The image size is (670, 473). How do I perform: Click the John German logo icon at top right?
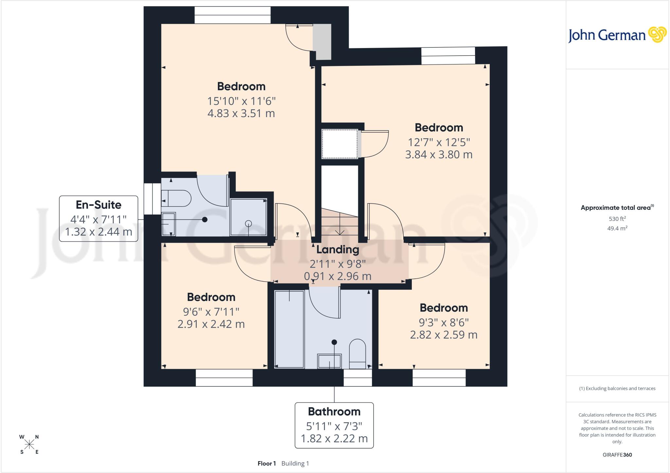coord(657,35)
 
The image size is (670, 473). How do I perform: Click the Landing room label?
coord(338,250)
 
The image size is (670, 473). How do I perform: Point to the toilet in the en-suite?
coord(176,198)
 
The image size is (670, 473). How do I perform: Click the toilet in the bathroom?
coord(358,354)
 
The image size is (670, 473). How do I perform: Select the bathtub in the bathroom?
coord(290,329)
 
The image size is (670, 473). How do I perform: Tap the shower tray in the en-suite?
coord(249,217)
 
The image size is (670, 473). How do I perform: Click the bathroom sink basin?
coord(329,361)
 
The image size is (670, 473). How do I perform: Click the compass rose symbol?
coord(29,444)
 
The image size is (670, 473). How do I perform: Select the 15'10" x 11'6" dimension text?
coord(241,101)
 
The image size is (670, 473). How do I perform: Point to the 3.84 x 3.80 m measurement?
coord(439,154)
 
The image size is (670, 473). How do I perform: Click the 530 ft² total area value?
coord(617,219)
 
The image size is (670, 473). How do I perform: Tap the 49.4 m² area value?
coord(617,228)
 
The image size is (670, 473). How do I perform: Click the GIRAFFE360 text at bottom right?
coord(617,455)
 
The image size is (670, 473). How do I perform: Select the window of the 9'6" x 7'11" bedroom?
coord(224,378)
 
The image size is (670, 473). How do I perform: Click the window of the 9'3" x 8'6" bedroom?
coord(439,378)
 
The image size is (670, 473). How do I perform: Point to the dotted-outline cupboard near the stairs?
coord(340,144)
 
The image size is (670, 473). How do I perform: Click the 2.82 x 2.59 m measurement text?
coord(444,335)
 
